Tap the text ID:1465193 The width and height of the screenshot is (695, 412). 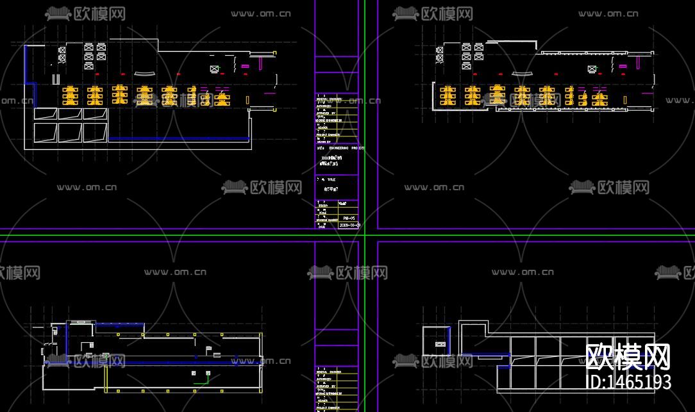point(629,382)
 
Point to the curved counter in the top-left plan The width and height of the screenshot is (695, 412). point(145,72)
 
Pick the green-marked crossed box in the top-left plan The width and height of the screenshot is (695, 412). point(214,69)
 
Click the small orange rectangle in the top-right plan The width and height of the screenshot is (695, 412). point(625,99)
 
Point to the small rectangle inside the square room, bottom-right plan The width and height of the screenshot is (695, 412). point(440,345)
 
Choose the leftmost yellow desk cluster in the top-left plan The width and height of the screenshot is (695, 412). point(69,95)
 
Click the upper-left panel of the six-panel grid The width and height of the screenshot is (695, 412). point(45,114)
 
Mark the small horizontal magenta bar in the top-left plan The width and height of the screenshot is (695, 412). point(245,65)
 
